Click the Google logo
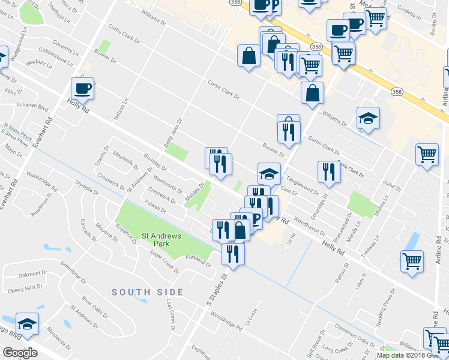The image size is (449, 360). [20, 353]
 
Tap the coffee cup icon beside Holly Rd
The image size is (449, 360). [82, 89]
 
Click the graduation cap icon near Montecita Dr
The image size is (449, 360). [27, 325]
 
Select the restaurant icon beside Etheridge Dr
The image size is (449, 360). [329, 172]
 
